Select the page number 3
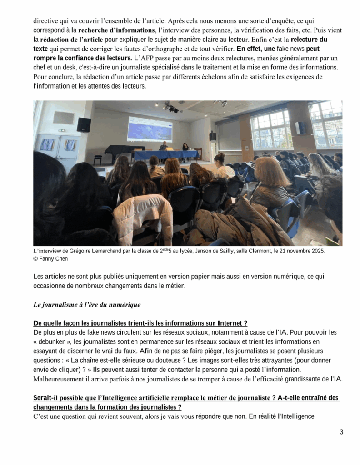341,432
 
